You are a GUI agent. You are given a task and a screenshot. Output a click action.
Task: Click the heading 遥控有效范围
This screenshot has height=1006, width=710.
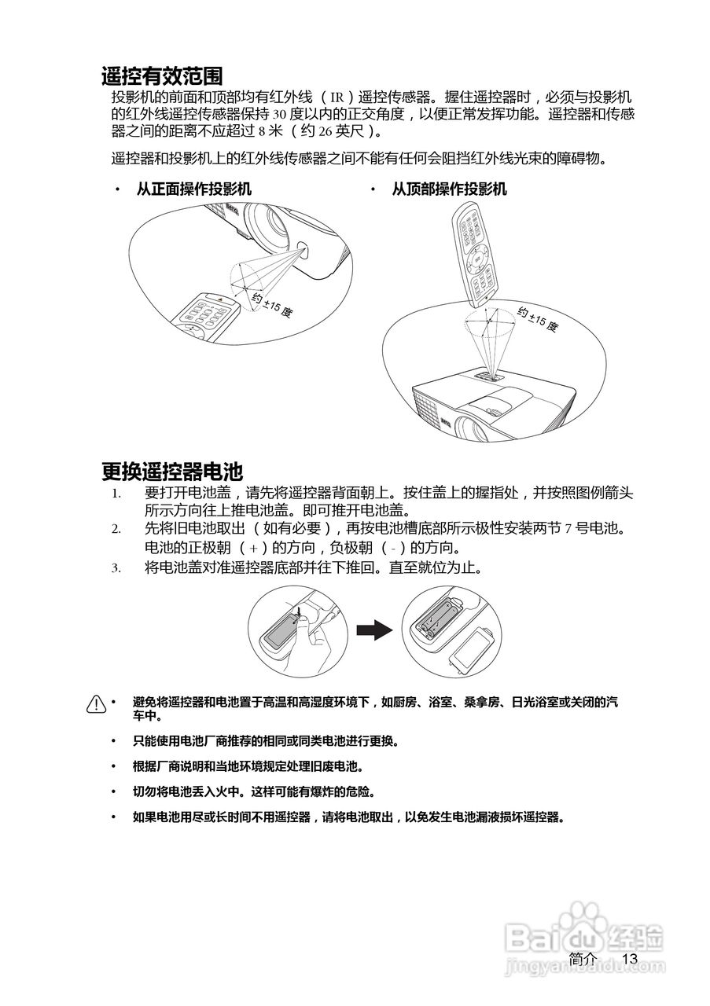tap(162, 76)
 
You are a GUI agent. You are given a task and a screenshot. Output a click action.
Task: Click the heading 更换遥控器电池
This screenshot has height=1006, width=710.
tap(171, 472)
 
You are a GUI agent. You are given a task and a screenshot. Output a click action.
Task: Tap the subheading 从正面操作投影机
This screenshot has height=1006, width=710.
tap(194, 189)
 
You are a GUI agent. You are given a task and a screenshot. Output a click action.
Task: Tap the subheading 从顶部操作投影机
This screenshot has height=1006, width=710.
tap(449, 189)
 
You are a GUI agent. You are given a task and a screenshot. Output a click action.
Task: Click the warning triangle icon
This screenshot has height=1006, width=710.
tap(96, 703)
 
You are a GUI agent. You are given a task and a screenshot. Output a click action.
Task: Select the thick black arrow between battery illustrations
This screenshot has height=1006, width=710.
tap(373, 630)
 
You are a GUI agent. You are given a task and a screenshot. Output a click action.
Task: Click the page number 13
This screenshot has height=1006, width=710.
tap(628, 959)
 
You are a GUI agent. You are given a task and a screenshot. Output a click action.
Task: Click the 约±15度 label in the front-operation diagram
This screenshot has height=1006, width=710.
tap(272, 303)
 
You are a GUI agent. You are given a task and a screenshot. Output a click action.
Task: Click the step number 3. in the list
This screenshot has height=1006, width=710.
tap(116, 567)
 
